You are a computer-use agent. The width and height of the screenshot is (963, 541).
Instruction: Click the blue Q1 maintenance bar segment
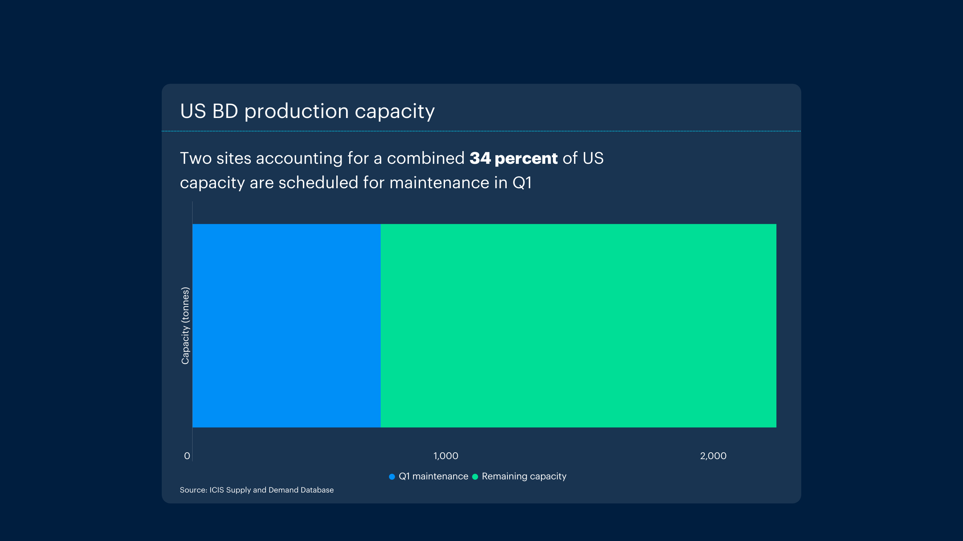pyautogui.click(x=286, y=325)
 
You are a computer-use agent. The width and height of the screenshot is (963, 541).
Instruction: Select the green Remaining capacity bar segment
pyautogui.click(x=578, y=325)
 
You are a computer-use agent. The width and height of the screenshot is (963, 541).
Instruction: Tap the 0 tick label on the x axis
pyautogui.click(x=187, y=456)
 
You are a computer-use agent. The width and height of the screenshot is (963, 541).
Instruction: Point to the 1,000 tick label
pyautogui.click(x=446, y=456)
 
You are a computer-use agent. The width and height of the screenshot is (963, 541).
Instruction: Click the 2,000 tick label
pyautogui.click(x=713, y=456)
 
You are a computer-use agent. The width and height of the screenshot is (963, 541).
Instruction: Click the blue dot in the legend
pyautogui.click(x=392, y=476)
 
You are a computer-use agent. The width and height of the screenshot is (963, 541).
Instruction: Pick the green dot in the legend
pyautogui.click(x=475, y=476)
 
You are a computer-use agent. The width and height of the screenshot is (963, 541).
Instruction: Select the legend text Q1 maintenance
pyautogui.click(x=433, y=476)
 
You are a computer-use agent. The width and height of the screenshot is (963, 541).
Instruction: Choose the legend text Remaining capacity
pyautogui.click(x=524, y=476)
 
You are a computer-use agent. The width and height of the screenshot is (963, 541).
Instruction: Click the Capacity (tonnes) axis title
pyautogui.click(x=185, y=325)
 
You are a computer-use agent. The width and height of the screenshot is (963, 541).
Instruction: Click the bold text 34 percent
pyautogui.click(x=513, y=158)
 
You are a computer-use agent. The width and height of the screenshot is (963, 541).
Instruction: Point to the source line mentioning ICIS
pyautogui.click(x=257, y=490)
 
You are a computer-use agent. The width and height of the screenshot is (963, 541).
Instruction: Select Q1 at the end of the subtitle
pyautogui.click(x=522, y=183)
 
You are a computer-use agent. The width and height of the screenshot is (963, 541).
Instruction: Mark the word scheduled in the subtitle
pyautogui.click(x=318, y=183)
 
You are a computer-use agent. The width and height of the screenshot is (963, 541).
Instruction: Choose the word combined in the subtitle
pyautogui.click(x=425, y=158)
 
